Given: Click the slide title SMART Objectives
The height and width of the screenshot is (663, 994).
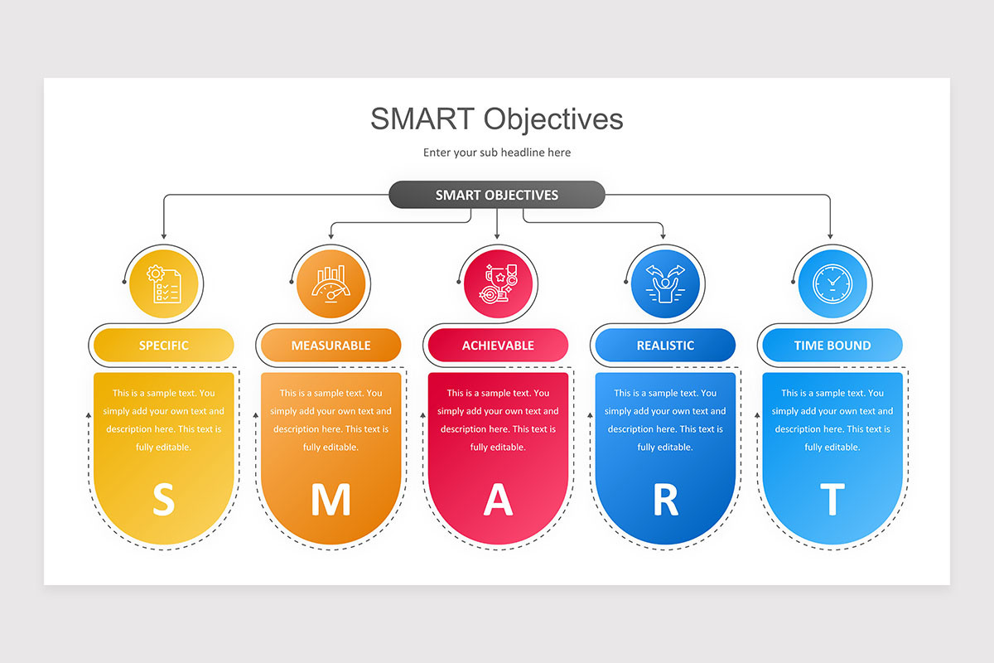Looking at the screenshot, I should click(496, 119).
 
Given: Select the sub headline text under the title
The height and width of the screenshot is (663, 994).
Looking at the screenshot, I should click(496, 152).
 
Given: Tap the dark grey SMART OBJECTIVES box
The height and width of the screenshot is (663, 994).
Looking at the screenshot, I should click(497, 196).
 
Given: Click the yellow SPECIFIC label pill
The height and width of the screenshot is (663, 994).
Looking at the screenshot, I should click(164, 346).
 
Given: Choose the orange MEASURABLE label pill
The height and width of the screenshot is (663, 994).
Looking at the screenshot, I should click(331, 346).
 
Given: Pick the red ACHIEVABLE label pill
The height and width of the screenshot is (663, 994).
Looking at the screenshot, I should click(498, 346).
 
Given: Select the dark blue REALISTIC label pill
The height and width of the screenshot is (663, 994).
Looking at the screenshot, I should click(665, 346).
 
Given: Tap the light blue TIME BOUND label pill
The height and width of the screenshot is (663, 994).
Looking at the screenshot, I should click(832, 346).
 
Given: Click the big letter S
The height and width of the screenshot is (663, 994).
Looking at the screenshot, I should click(164, 500).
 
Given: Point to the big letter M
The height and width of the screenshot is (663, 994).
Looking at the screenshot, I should click(331, 500).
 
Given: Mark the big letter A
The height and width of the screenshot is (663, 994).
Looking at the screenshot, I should click(498, 500).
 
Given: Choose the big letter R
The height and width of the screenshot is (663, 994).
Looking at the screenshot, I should click(665, 500).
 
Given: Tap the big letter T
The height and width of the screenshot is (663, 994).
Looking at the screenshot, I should click(832, 500).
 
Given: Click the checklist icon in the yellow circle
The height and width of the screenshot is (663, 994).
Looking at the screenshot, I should click(163, 283).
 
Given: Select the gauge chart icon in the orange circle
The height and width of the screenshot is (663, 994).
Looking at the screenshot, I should click(331, 283).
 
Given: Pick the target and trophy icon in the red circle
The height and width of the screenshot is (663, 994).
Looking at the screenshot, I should click(498, 283).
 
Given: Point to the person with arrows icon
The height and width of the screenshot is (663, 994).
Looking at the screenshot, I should click(665, 283).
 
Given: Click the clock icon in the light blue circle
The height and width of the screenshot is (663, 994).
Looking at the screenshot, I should click(832, 283).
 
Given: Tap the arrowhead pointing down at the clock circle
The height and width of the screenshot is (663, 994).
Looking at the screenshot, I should click(830, 236).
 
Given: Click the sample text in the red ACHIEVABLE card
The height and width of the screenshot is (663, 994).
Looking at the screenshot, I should click(498, 420).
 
